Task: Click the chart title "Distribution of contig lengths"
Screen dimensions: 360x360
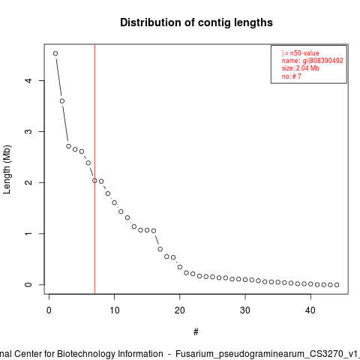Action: tap(196, 22)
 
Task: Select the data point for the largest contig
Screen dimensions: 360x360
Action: tap(55, 53)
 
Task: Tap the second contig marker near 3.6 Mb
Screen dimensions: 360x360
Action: tap(62, 101)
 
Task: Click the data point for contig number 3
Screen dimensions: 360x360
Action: tap(68, 146)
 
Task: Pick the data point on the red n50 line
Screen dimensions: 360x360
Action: tap(94, 181)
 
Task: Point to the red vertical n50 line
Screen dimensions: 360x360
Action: tap(95, 169)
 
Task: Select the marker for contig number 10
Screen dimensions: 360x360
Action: tap(114, 202)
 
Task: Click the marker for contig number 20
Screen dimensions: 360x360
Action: tap(180, 267)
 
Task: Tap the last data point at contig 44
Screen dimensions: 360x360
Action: tap(337, 285)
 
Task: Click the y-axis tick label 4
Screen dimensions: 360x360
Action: tap(28, 80)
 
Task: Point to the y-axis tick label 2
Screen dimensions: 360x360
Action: tap(28, 182)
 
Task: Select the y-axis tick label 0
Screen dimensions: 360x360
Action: tap(28, 284)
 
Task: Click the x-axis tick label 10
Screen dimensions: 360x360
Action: tap(114, 310)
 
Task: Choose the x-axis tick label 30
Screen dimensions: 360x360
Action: tap(245, 310)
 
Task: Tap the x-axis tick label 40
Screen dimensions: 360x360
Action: tap(310, 310)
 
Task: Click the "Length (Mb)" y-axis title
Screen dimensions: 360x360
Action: tap(7, 169)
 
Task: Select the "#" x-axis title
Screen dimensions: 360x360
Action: tap(196, 332)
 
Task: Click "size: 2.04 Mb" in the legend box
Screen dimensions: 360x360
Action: tap(301, 68)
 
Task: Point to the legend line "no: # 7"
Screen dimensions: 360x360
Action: tap(292, 76)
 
